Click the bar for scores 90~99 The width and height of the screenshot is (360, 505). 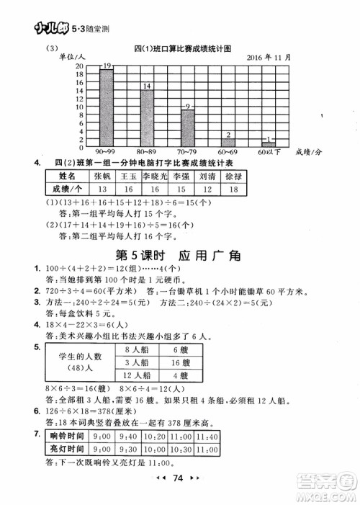[x=107, y=107]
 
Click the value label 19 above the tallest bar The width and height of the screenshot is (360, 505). [x=107, y=66]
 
